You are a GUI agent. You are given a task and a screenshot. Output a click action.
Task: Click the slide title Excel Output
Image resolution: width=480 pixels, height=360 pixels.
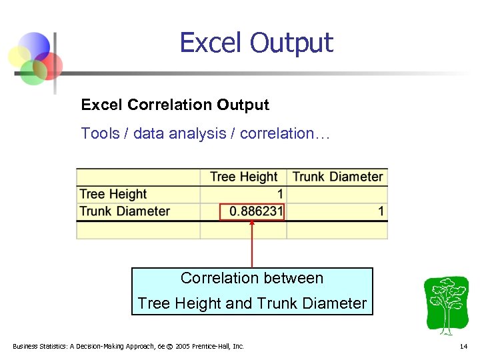256,43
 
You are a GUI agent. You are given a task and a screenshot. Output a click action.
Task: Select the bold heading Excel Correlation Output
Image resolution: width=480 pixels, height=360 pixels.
175,105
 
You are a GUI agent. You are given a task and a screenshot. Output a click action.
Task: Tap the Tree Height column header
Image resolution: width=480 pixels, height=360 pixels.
243,177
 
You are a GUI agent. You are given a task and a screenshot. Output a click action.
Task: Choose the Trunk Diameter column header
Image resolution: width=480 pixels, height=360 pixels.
337,177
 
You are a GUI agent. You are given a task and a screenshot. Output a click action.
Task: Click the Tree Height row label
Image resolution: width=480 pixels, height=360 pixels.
113,194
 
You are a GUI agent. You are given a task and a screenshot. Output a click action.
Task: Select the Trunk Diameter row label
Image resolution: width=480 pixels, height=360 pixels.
125,211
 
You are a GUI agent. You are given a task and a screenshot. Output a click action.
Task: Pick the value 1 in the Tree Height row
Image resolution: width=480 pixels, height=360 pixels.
280,194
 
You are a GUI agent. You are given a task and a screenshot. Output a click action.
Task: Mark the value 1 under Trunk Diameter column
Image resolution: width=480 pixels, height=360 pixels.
381,211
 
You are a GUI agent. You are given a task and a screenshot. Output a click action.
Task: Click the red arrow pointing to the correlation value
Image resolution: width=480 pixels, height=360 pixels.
252,243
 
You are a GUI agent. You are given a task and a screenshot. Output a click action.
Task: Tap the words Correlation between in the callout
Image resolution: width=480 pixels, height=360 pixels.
252,278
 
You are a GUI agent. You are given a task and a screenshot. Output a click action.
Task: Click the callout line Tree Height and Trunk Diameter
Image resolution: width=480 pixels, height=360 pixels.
252,303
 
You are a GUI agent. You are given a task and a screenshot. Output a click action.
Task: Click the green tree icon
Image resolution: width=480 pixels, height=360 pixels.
446,305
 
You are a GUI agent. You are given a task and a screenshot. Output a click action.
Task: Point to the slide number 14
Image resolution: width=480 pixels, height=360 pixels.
463,347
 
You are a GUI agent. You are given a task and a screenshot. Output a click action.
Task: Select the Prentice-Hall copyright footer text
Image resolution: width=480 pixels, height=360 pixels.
128,347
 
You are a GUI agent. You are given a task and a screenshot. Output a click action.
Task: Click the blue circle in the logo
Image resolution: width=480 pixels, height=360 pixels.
37,46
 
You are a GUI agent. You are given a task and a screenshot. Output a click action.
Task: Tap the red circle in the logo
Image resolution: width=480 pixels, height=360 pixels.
51,65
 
